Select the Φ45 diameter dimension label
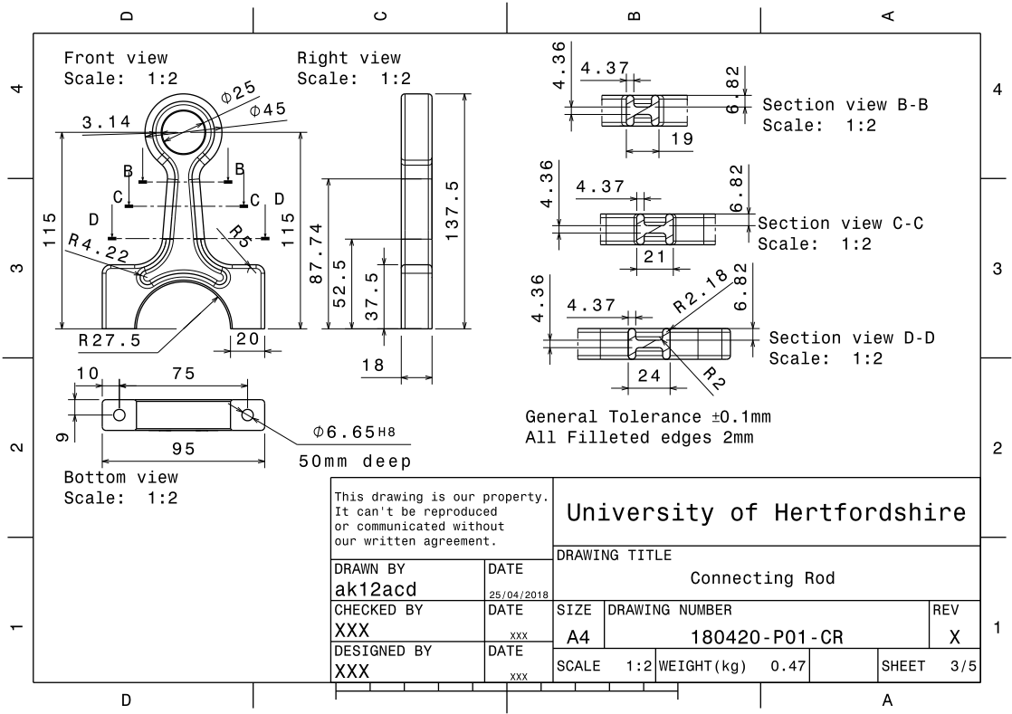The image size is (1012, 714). click(x=268, y=109)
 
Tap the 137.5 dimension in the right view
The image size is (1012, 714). click(x=454, y=210)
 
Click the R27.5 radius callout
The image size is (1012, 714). click(x=110, y=340)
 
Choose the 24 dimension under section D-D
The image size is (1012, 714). click(x=649, y=376)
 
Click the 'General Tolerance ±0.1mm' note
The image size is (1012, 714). click(x=648, y=417)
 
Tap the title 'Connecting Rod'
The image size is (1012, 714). click(x=762, y=577)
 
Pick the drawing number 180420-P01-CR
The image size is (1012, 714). click(x=767, y=637)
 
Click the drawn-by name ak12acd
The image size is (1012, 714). click(x=376, y=589)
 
